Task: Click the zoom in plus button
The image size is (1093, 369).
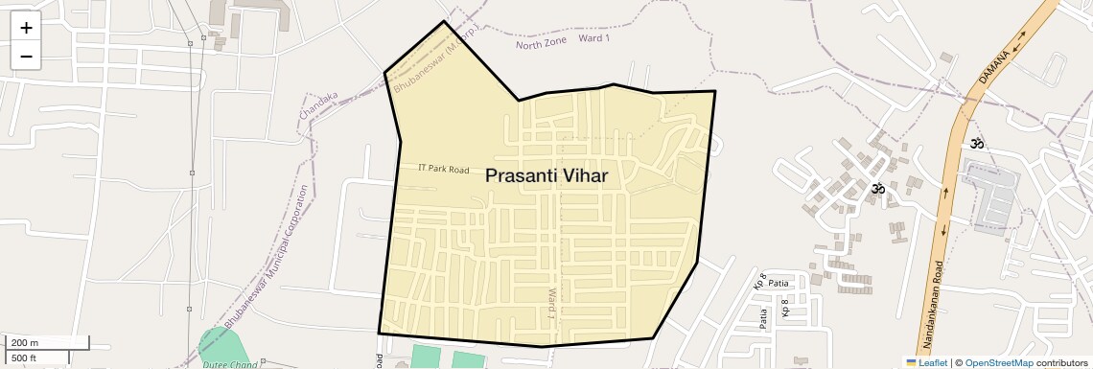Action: (x=26, y=28)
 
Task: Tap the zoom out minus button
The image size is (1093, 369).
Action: (x=26, y=56)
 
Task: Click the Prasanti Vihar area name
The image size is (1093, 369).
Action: (x=546, y=176)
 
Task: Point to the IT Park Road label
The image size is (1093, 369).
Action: (x=444, y=169)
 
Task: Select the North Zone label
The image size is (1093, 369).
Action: (x=542, y=42)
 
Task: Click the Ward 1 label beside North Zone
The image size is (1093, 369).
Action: (x=596, y=37)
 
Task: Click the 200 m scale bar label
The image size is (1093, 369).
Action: (x=25, y=343)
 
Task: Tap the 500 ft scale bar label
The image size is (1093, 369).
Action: (x=25, y=358)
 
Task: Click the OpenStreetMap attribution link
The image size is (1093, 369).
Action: (x=999, y=362)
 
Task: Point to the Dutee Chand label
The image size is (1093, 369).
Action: (x=230, y=364)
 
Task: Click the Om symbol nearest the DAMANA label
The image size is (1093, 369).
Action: (x=976, y=144)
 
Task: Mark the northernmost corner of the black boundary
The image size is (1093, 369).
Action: (x=444, y=21)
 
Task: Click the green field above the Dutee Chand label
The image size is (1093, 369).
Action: (x=220, y=345)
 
